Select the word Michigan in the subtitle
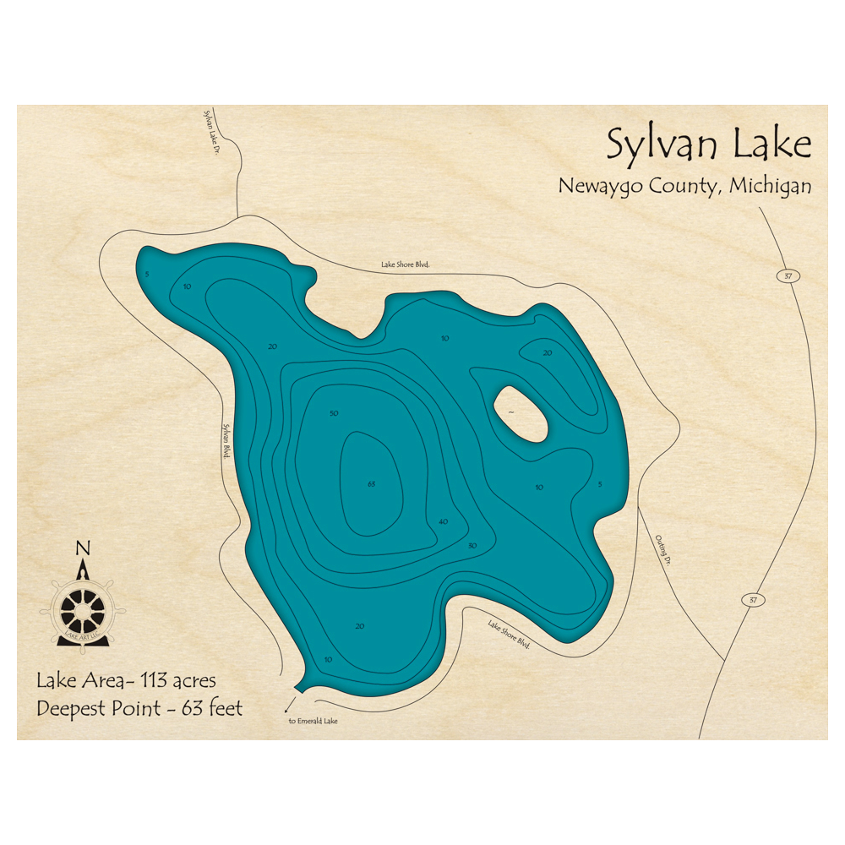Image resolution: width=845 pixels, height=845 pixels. (x=770, y=186)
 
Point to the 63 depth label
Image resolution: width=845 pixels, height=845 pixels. (x=371, y=484)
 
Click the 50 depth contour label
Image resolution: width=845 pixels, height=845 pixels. (x=334, y=413)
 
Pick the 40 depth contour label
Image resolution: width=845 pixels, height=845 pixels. (x=443, y=522)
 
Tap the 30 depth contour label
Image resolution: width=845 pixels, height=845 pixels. (x=472, y=546)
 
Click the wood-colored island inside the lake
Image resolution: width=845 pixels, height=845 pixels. (x=518, y=413)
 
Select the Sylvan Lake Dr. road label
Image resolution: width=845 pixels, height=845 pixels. (x=210, y=124)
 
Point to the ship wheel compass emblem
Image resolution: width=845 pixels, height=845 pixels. (x=83, y=607)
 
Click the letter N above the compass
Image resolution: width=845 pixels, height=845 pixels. (x=83, y=548)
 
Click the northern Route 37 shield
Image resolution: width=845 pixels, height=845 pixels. (x=787, y=276)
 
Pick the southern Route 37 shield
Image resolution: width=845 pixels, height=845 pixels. (x=753, y=600)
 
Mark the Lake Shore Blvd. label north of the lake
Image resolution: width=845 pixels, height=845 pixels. (x=406, y=264)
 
